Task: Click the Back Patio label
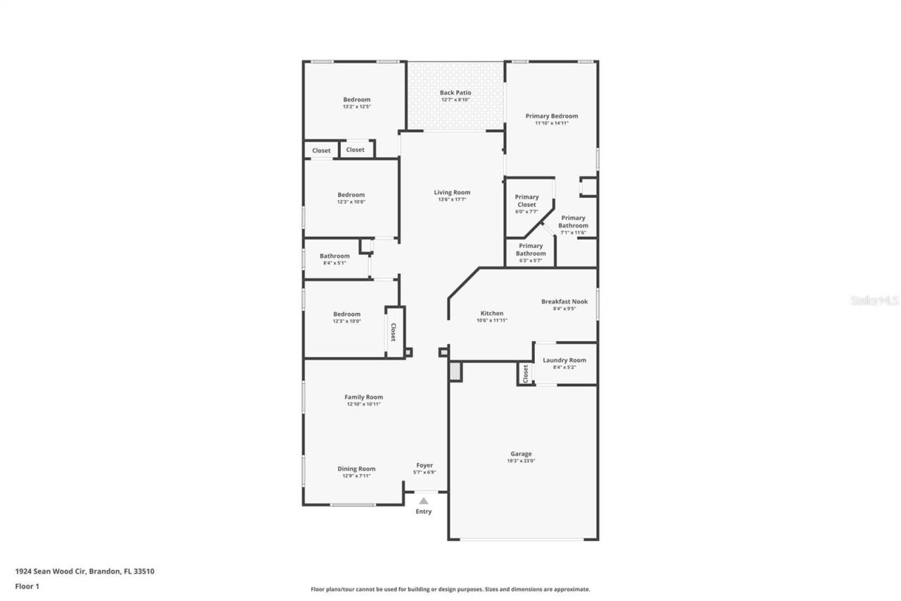coord(455,92)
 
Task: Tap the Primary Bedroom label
coord(551,116)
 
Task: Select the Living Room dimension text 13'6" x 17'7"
coord(452,199)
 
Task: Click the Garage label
coord(521,454)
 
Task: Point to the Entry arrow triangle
coord(424,500)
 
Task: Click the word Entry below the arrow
coord(424,512)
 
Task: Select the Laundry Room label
coord(564,360)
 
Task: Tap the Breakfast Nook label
coord(564,302)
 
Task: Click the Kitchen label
coord(491,313)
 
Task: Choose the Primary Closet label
coord(527,201)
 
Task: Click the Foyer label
coord(424,465)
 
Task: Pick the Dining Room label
coord(356,469)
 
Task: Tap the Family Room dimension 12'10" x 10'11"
coord(364,404)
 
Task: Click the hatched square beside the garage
coord(455,372)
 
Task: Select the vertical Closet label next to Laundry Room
coord(525,373)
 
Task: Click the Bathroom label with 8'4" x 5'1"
coord(334,256)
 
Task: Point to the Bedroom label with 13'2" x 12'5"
coord(356,99)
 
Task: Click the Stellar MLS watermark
coord(874,300)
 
